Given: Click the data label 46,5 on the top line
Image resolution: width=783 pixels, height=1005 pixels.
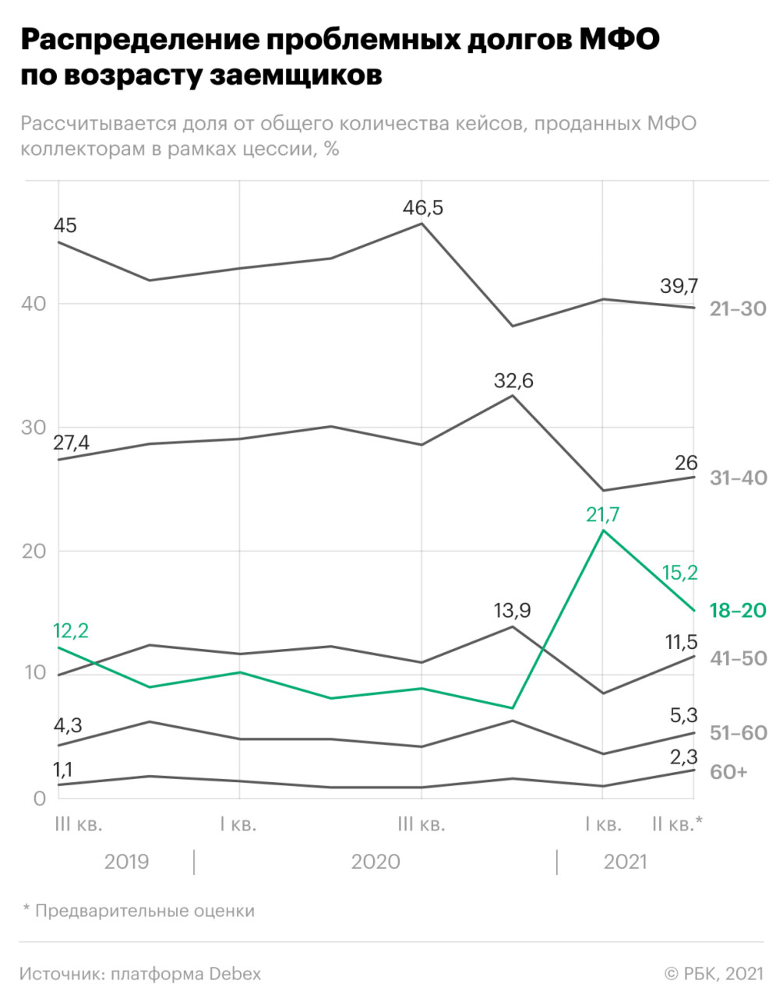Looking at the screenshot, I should [422, 207].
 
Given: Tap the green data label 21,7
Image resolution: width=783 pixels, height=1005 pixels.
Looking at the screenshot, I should [603, 514].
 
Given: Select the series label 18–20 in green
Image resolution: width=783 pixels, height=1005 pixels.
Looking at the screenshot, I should [738, 610].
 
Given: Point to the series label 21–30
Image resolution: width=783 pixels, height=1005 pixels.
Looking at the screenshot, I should [738, 309].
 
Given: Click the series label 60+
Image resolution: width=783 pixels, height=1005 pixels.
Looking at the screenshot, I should [728, 771].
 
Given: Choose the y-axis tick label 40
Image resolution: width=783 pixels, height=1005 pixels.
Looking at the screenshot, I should [34, 304].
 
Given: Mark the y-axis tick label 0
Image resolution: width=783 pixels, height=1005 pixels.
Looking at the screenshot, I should [39, 798].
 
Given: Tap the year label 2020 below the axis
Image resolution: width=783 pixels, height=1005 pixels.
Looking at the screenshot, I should [376, 862].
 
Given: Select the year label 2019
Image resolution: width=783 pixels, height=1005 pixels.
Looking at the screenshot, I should [126, 862].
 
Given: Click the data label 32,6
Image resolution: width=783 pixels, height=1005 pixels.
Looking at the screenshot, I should [513, 380].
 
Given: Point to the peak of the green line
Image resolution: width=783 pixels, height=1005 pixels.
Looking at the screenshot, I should [603, 531].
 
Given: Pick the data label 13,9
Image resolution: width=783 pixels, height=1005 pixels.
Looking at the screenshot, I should [512, 610].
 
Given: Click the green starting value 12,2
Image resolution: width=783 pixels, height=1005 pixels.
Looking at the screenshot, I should [70, 630].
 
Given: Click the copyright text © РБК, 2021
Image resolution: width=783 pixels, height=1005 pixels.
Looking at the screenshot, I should [713, 973].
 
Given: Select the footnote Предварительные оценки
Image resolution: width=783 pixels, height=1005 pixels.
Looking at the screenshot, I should [144, 910].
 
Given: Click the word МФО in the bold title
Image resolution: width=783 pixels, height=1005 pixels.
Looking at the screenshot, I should [619, 41].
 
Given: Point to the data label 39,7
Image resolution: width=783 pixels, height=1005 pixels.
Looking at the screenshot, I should [679, 286].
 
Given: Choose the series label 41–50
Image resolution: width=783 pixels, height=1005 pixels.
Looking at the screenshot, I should [738, 658].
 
